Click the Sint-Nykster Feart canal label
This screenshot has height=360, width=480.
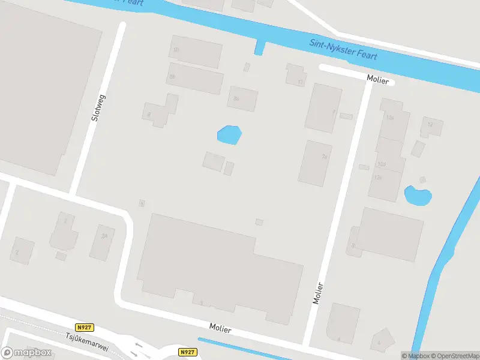coord(344,49)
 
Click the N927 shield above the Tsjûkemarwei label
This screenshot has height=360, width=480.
coord(85,328)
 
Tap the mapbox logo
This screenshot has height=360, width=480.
coord(26,353)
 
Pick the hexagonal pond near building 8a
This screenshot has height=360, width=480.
coord(229,135)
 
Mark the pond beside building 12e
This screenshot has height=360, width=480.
coord(418,195)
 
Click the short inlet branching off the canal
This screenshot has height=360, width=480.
coord(259,47)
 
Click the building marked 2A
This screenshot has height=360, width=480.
coord(102,242)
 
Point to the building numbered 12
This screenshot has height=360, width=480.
coord(431,126)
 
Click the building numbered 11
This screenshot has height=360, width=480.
coord(296,75)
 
